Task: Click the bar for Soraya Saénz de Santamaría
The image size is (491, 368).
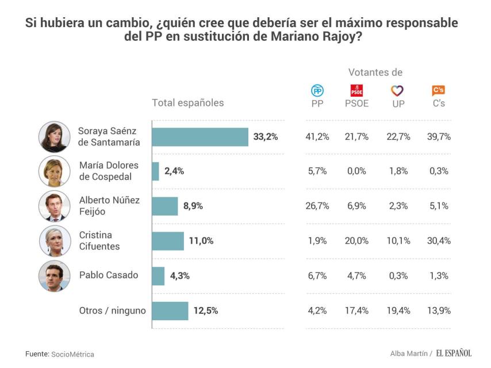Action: (200, 137)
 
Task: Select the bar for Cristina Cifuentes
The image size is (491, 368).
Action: (168, 241)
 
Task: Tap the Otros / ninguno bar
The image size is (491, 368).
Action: (170, 310)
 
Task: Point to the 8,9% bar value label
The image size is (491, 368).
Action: (192, 206)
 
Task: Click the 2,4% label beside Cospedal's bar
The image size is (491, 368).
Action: (174, 171)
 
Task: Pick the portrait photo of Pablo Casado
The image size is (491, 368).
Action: (54, 276)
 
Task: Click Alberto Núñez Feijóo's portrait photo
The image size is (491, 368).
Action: (54, 206)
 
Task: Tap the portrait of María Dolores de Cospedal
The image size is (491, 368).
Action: (54, 171)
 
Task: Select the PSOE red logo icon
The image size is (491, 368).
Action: (356, 91)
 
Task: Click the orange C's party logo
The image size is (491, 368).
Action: (439, 90)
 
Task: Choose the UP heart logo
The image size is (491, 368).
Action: (397, 91)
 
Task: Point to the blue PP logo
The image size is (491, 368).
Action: (317, 91)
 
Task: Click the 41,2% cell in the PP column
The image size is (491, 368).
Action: (317, 137)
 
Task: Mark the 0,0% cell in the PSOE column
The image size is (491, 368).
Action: (356, 171)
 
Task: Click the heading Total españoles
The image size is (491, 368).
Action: (187, 103)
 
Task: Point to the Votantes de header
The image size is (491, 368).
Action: (375, 72)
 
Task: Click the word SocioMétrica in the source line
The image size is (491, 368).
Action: (72, 354)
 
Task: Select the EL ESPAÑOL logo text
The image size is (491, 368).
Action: (453, 353)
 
